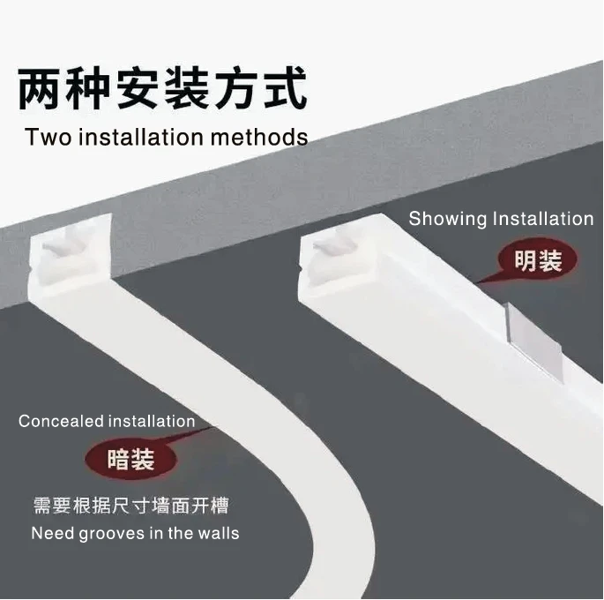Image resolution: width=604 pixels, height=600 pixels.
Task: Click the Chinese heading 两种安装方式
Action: click(162, 91)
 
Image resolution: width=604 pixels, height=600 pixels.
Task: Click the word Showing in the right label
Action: click(447, 219)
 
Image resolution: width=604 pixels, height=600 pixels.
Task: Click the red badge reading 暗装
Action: click(130, 460)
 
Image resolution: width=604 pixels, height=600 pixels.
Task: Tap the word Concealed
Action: click(60, 422)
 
